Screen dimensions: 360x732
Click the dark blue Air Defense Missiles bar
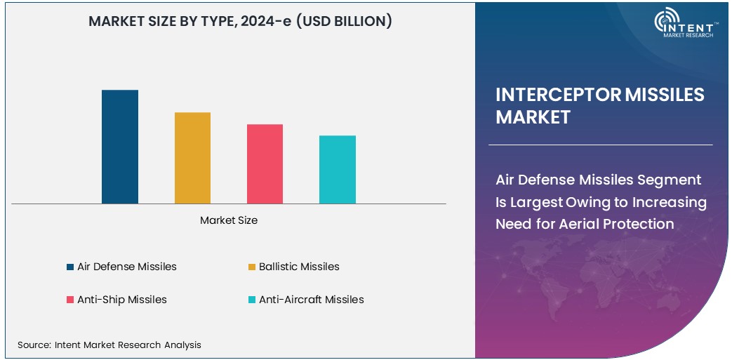120,147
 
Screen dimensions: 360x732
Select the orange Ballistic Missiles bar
192,158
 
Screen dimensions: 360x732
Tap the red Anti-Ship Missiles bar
265,164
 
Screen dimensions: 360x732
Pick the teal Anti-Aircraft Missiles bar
338,169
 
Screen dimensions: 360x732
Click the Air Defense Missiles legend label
126,267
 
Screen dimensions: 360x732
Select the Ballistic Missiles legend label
299,267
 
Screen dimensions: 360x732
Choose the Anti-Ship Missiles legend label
121,300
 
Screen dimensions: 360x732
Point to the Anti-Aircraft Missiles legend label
311,300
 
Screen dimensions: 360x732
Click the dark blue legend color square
70,267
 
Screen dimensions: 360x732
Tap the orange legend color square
251,267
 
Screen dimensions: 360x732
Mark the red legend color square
70,300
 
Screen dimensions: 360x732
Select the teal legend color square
251,300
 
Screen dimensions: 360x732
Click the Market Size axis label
229,220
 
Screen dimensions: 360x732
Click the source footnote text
109,345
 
